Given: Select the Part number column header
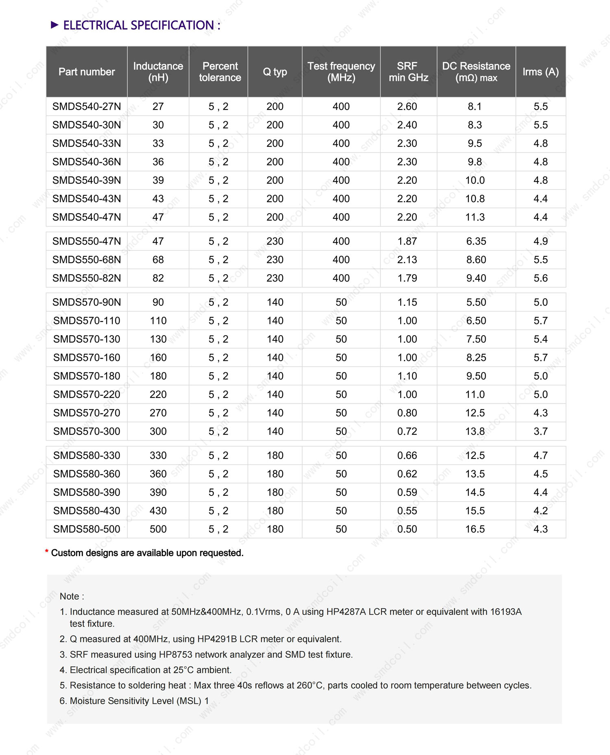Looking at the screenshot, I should click(x=87, y=72).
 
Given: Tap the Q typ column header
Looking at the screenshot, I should click(x=275, y=72).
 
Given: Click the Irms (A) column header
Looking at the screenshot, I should click(x=540, y=72).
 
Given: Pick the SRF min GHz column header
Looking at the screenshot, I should click(x=408, y=72).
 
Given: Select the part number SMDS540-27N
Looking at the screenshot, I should click(x=87, y=107).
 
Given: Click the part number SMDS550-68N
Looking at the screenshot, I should click(x=87, y=260).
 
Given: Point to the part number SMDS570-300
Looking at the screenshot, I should click(x=87, y=431).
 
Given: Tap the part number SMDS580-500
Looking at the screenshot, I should click(x=87, y=529).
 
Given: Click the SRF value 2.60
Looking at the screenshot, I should click(x=407, y=107).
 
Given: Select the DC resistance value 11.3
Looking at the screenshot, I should click(x=475, y=217).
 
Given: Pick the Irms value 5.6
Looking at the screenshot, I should click(x=540, y=278).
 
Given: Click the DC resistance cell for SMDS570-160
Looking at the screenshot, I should click(x=476, y=358).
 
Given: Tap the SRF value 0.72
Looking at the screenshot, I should click(x=407, y=431).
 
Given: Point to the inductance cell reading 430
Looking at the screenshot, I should click(x=158, y=511).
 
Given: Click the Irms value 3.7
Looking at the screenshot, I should click(x=540, y=431).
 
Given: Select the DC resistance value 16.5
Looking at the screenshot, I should click(x=475, y=529).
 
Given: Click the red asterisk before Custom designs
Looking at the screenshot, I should click(x=47, y=552).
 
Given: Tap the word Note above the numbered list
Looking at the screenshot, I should click(x=70, y=596).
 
